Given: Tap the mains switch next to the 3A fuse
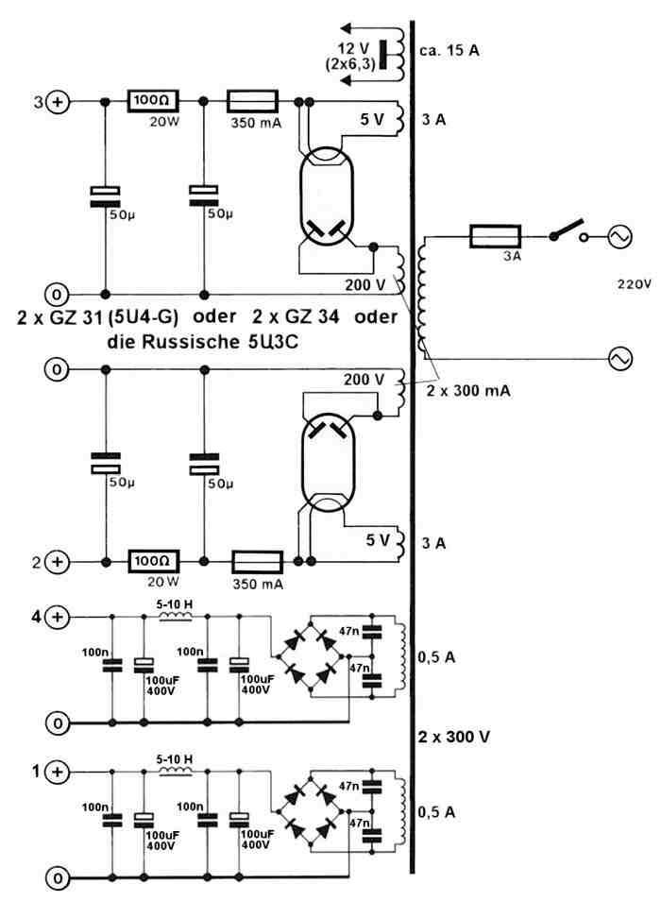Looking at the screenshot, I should point(564,231).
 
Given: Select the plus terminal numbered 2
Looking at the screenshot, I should point(58,562).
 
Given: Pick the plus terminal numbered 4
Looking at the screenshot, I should point(58,617).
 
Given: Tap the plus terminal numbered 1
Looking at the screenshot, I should point(58,772).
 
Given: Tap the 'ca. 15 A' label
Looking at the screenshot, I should point(452,50).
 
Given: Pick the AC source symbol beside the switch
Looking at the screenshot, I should point(620,237).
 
